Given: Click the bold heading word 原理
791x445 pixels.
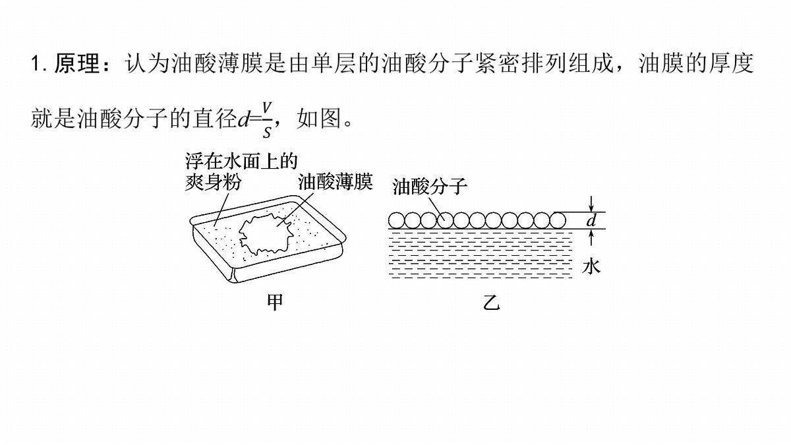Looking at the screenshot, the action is click(77, 63).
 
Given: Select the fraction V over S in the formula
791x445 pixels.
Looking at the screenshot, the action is click(267, 120).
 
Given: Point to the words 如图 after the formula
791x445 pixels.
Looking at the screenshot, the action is click(319, 118).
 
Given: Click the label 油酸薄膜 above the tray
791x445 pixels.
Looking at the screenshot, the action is click(336, 182).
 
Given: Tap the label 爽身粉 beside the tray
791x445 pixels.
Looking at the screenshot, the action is click(214, 182).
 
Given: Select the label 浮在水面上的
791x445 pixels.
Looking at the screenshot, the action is click(241, 162).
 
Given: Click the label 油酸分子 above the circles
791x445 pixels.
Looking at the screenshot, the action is click(430, 186).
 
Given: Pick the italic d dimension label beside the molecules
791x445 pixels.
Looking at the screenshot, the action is click(591, 221).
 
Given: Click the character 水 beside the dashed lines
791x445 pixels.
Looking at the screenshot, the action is click(591, 266).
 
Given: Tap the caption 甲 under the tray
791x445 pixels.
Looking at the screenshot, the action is click(275, 302).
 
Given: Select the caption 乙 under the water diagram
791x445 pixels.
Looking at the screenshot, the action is click(491, 302).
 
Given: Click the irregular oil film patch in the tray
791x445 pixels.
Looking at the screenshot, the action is click(266, 234).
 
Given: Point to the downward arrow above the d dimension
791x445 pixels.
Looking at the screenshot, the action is click(591, 204).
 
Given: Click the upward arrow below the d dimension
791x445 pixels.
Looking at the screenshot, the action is click(591, 237).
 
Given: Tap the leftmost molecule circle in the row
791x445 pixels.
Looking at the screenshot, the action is click(396, 221).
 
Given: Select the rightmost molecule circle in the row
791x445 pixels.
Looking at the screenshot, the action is click(558, 221).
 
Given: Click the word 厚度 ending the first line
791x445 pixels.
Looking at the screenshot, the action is click(731, 63).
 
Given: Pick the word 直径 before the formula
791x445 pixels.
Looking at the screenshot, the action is click(215, 118).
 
